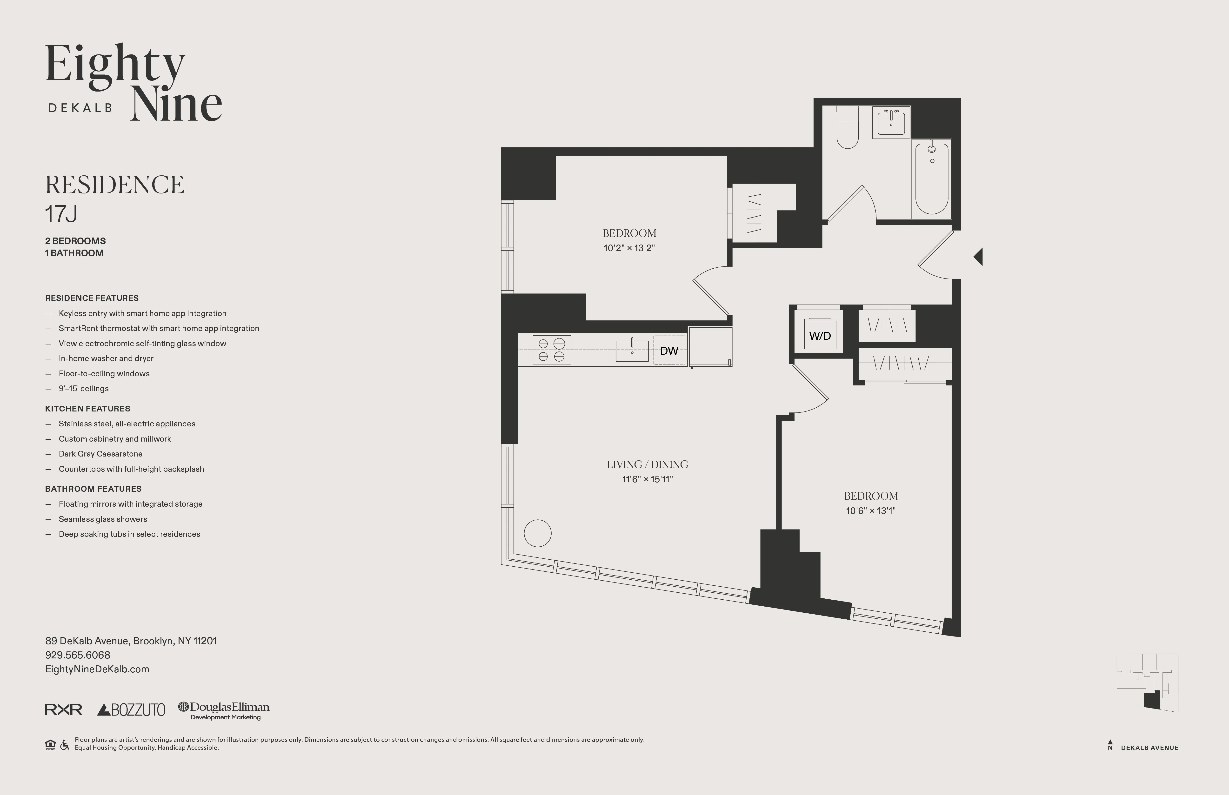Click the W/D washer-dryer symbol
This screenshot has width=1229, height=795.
pyautogui.click(x=820, y=336)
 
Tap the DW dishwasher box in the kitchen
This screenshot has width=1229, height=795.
pyautogui.click(x=669, y=351)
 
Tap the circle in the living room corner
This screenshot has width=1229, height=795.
pyautogui.click(x=538, y=533)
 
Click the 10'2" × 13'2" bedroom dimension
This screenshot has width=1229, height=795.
pyautogui.click(x=629, y=248)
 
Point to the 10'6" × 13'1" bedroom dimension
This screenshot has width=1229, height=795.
pyautogui.click(x=871, y=510)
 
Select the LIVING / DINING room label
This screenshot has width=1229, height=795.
pyautogui.click(x=647, y=464)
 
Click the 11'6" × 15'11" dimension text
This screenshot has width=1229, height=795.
pyautogui.click(x=647, y=479)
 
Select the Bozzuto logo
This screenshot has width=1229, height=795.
pyautogui.click(x=131, y=710)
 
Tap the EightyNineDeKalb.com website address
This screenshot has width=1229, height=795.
pyautogui.click(x=97, y=669)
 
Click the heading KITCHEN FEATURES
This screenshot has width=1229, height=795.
pyautogui.click(x=87, y=408)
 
